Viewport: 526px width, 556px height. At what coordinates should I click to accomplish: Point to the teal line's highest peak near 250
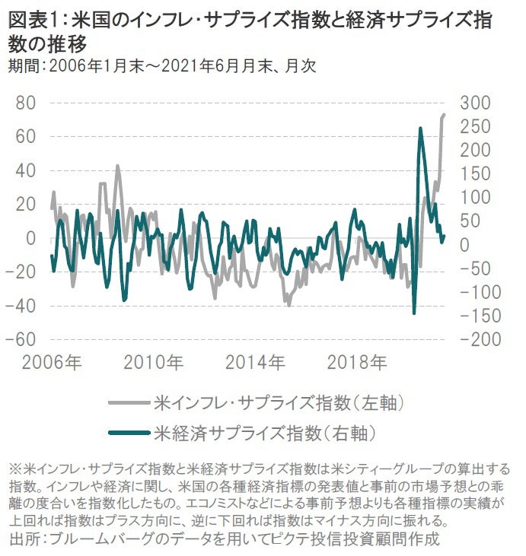[420, 129]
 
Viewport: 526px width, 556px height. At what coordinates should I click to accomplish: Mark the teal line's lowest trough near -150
[414, 313]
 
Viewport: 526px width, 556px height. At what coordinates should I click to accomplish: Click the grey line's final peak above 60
[444, 115]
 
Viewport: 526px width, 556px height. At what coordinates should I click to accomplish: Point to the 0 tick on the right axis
[466, 244]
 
